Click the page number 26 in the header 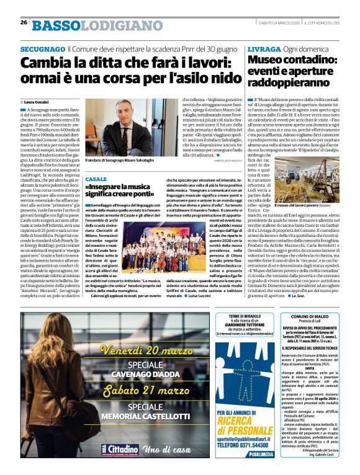pos(24,23)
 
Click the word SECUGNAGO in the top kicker pos(42,48)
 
